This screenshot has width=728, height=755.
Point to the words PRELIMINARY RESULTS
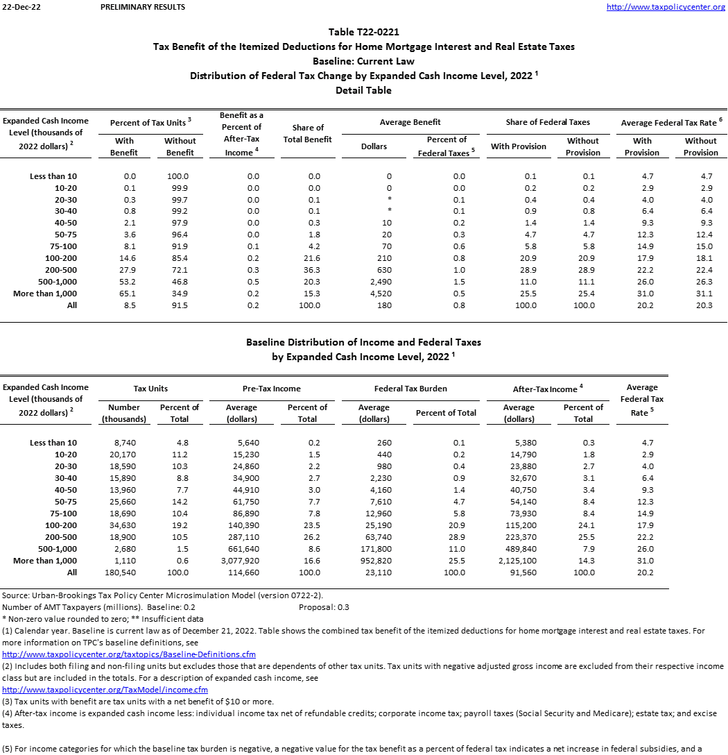[142, 7]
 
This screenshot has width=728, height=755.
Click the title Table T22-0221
[363, 32]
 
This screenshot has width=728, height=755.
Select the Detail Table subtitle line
[363, 90]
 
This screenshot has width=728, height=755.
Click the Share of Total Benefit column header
[308, 133]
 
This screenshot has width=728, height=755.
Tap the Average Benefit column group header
[410, 122]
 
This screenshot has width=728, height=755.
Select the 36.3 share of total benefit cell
[314, 270]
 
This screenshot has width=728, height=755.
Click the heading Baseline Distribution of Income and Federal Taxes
[363, 342]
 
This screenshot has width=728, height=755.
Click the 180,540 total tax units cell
[124, 572]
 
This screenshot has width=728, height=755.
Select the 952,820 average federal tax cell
[374, 561]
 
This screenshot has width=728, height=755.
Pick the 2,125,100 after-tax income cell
[518, 561]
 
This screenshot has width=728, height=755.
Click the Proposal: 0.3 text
[324, 607]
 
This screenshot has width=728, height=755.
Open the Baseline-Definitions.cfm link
[129, 654]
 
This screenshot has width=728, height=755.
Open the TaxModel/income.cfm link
[105, 690]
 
